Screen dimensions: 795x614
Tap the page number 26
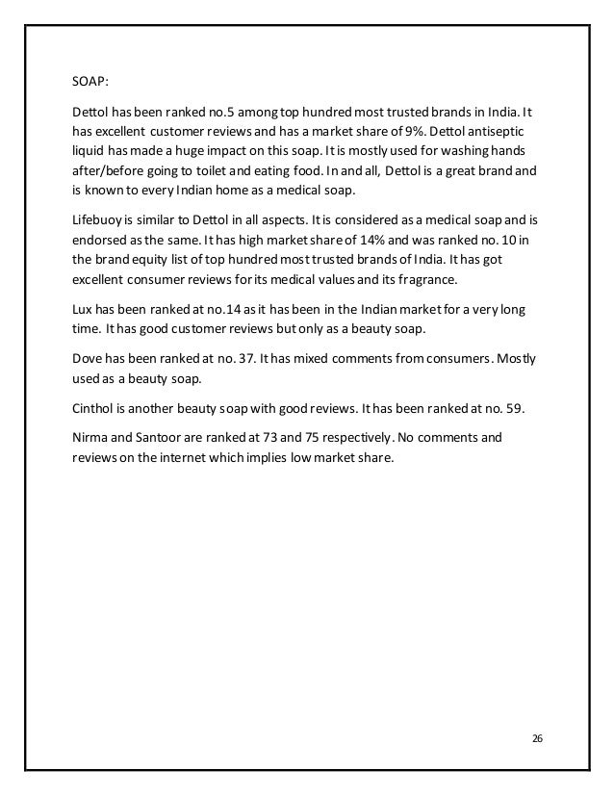[x=537, y=738]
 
